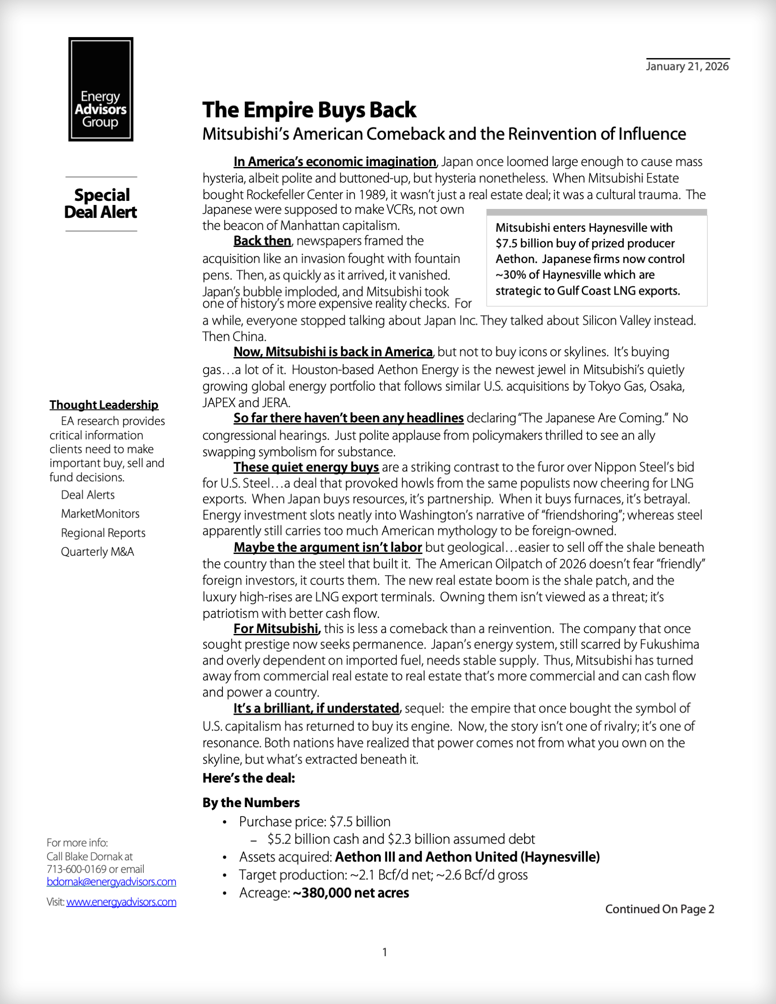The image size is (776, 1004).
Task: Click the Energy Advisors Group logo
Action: click(x=100, y=89)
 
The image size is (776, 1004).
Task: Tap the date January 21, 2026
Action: click(x=687, y=67)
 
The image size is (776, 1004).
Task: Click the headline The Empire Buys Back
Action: click(x=309, y=110)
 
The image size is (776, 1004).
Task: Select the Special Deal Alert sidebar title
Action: click(x=100, y=204)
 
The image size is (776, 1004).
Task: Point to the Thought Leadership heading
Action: click(x=104, y=405)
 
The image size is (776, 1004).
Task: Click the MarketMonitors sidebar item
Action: click(x=100, y=514)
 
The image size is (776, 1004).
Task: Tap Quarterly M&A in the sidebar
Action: click(x=97, y=552)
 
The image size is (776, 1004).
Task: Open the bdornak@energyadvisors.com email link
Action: click(x=111, y=882)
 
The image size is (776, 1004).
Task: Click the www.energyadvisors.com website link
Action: click(x=121, y=902)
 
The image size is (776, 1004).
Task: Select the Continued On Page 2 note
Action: click(x=659, y=909)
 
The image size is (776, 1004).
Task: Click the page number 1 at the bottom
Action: click(x=384, y=953)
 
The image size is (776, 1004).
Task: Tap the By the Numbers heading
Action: click(x=251, y=803)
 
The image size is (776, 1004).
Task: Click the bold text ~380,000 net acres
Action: click(x=351, y=893)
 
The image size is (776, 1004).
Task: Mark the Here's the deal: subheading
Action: click(x=249, y=778)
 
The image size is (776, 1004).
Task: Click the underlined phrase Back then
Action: click(x=262, y=241)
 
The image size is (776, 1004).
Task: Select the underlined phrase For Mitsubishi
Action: click(x=276, y=629)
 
